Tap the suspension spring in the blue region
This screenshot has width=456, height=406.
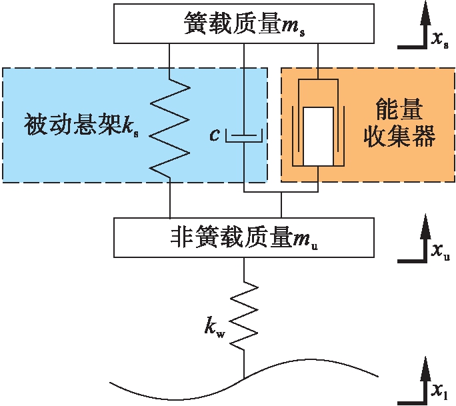click(170, 126)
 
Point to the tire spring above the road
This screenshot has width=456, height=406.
click(244, 313)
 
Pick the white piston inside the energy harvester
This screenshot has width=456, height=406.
click(317, 135)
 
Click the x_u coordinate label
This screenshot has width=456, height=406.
click(439, 251)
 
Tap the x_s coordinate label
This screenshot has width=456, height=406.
click(439, 41)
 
